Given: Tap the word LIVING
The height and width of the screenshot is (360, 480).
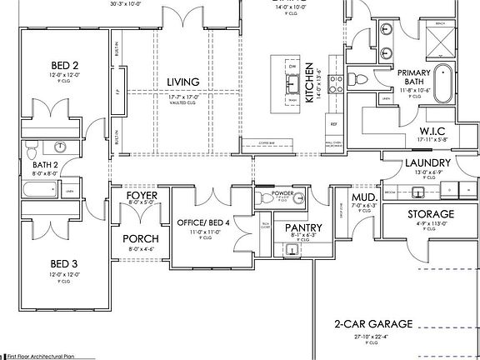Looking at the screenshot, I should coord(182,82).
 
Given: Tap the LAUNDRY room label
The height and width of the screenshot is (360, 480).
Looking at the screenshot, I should coord(428,162).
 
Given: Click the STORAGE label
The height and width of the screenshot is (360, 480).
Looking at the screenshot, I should coord(431,214).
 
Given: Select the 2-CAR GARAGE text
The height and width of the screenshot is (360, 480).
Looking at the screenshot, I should coord(373,324).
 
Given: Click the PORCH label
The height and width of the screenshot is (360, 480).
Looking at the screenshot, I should coord(142,238).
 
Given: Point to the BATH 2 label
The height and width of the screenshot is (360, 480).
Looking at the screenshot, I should coord(45,165).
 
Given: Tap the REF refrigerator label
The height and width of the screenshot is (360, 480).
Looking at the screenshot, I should coord(332,124).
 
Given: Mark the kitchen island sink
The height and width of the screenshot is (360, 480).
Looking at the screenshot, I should coord(292,82).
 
